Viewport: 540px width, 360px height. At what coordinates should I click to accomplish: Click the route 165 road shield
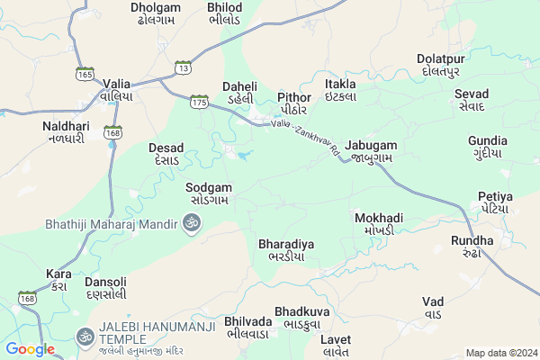[85, 74]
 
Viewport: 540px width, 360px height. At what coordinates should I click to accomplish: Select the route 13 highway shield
[184, 67]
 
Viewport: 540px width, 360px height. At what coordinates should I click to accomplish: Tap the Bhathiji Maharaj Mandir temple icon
[190, 222]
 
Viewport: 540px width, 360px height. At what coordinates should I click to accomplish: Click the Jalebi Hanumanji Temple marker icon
[85, 336]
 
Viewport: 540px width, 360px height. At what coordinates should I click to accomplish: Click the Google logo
[30, 349]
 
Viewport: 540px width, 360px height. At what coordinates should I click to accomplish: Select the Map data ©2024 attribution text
[499, 353]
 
